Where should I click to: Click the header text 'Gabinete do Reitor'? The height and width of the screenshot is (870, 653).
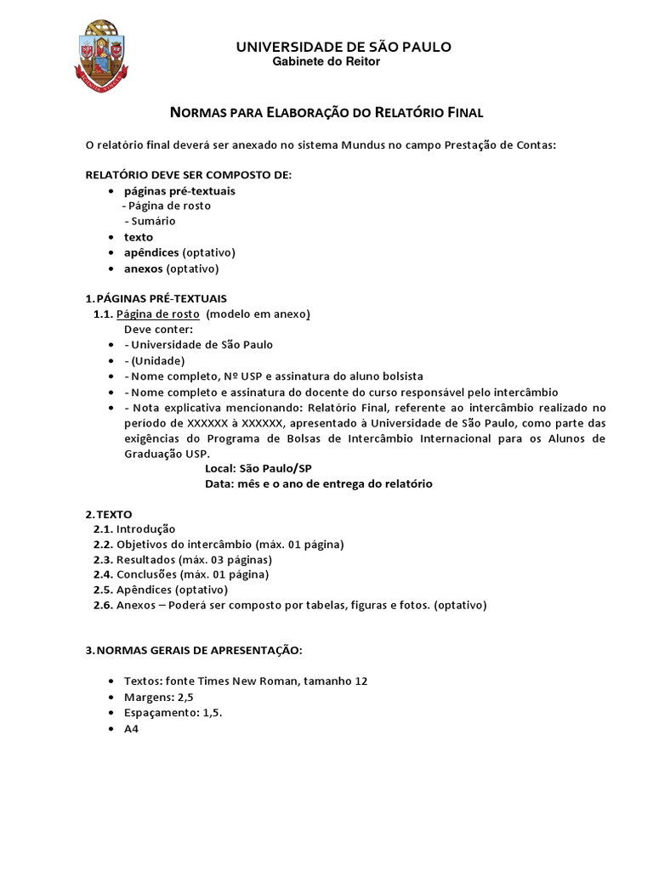(326, 62)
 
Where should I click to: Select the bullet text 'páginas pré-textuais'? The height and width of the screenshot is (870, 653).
(179, 191)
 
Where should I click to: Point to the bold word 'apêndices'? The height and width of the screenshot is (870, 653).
(151, 253)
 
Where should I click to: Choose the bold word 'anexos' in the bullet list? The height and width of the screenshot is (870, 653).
(143, 268)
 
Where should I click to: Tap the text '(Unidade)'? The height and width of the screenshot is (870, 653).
(157, 360)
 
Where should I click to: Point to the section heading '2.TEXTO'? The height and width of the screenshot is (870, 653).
(109, 514)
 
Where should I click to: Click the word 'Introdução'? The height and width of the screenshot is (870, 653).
(145, 529)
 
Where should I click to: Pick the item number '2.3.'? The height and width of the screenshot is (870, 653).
(103, 560)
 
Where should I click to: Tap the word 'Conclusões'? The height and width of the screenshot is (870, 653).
(145, 575)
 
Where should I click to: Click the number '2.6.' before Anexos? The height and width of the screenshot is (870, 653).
(103, 606)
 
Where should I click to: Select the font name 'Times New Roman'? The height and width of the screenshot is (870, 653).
(235, 681)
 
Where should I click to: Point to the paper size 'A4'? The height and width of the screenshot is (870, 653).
(131, 728)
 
